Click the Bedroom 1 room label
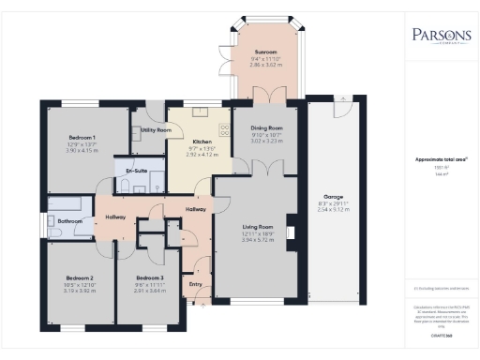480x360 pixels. click(82, 138)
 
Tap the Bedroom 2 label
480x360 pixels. click(79, 277)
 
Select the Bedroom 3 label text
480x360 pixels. click(149, 277)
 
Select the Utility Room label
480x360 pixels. click(156, 130)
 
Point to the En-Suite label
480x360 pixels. click(137, 172)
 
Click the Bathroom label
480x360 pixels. click(69, 221)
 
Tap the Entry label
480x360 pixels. click(196, 282)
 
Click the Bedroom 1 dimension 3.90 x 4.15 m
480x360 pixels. click(82, 151)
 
